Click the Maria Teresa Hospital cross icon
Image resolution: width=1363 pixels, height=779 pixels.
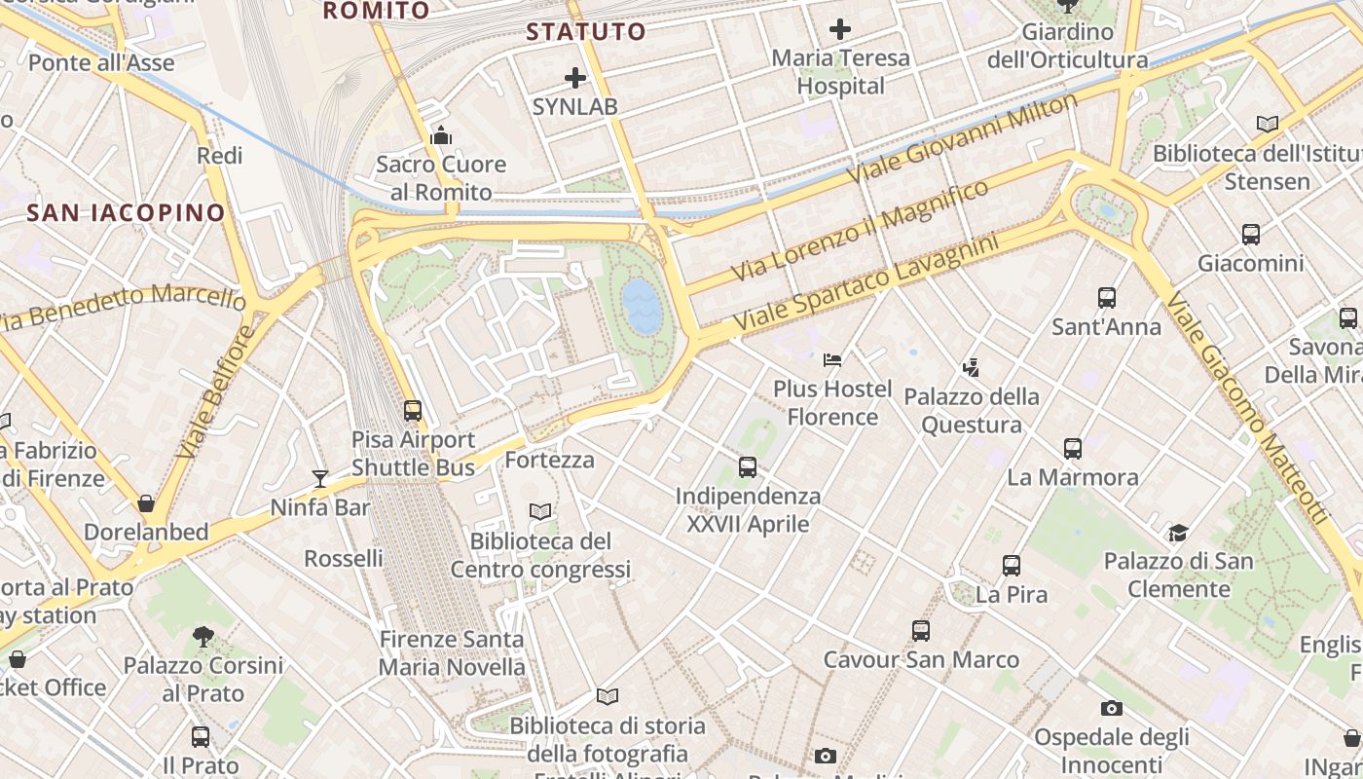[840, 29]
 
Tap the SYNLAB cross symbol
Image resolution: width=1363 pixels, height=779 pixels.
[575, 78]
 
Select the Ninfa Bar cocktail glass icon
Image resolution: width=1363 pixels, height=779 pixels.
[320, 478]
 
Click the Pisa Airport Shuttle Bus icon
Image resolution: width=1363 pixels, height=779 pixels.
[413, 411]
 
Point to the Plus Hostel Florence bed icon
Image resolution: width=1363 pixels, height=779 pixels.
[832, 360]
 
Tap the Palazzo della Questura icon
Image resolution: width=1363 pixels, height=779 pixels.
[970, 368]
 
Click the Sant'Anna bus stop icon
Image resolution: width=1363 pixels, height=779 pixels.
[1107, 298]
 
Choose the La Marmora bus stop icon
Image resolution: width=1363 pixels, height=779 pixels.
[1073, 449]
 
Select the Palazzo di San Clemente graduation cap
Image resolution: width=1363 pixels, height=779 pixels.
[1179, 533]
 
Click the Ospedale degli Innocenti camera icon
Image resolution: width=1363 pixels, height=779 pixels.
[1112, 708]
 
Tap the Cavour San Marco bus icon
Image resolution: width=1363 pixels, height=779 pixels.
[921, 631]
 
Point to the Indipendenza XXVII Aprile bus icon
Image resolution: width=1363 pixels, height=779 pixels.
[748, 467]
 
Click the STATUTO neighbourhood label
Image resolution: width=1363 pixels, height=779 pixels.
[586, 31]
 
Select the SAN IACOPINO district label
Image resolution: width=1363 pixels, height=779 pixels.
[127, 212]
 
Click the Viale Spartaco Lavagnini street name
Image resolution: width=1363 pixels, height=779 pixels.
[866, 281]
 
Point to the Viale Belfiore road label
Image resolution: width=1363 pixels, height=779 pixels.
[217, 391]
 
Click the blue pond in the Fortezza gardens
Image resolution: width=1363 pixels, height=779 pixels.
[643, 305]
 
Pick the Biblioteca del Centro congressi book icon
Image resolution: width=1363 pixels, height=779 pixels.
[540, 511]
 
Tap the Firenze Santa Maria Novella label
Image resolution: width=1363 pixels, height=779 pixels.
[452, 653]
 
